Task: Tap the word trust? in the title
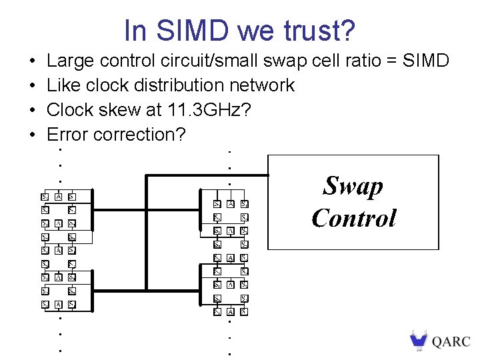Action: click(x=318, y=31)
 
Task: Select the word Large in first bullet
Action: click(x=71, y=61)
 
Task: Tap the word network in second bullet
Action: click(x=262, y=85)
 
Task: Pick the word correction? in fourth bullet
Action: click(x=140, y=134)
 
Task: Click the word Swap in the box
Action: click(x=353, y=186)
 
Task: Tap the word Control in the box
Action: click(x=353, y=218)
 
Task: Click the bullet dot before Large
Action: click(x=32, y=62)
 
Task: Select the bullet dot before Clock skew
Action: click(x=32, y=111)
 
